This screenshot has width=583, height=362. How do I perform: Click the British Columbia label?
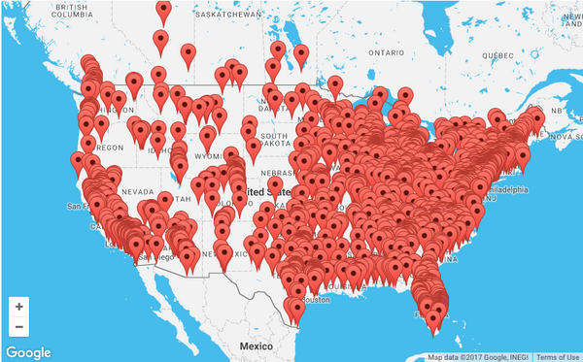tap(71, 12)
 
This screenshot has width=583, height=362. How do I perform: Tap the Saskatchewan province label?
tap(228, 16)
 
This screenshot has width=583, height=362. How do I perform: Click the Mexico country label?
tap(256, 346)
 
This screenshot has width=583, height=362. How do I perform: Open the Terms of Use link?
tap(559, 357)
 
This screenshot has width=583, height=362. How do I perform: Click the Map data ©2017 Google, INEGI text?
tap(479, 357)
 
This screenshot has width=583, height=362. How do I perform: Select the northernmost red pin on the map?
tap(163, 10)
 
